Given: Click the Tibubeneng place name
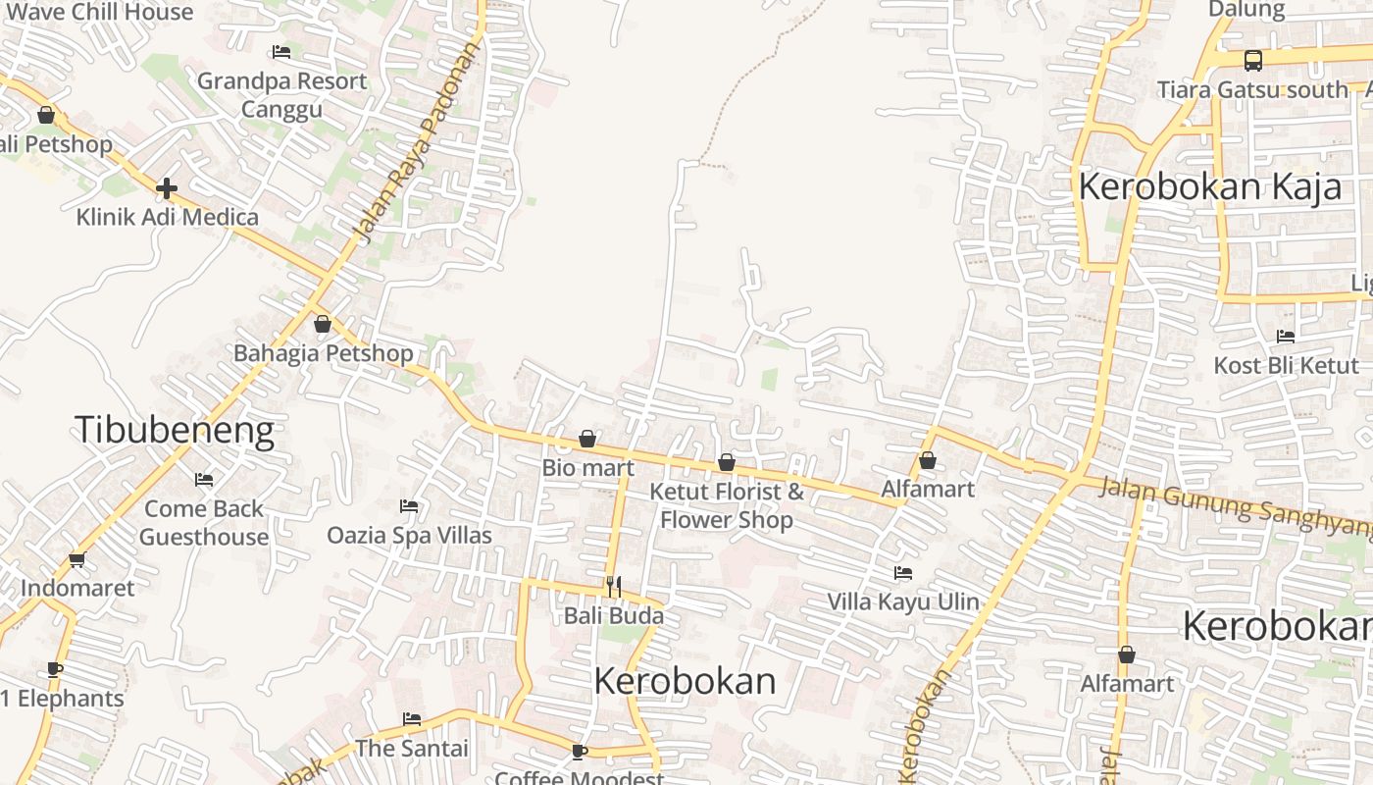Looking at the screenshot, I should (x=174, y=430).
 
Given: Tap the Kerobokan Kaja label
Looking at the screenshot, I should (x=1209, y=186).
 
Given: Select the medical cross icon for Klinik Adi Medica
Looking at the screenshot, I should (x=167, y=187).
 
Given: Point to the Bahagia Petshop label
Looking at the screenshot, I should (x=323, y=352).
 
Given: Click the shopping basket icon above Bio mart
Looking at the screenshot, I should (x=587, y=439).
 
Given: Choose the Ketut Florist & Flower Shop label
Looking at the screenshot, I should (x=726, y=504).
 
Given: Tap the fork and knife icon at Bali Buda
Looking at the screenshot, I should (x=614, y=587).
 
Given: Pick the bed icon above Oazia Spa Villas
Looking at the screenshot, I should (x=409, y=506).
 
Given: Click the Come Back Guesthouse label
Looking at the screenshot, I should (x=204, y=522).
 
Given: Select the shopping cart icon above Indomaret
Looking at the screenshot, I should (x=77, y=560).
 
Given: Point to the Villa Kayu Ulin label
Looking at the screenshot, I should (x=903, y=602).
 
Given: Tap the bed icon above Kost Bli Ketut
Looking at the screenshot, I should (x=1286, y=337).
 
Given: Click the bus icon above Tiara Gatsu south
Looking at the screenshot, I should (x=1253, y=61).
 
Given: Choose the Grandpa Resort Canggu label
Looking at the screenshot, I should (x=282, y=94).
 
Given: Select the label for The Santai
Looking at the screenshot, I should (x=412, y=748).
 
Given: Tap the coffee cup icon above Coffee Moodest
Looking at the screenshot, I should (x=580, y=752).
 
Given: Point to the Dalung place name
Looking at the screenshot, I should (x=1246, y=10).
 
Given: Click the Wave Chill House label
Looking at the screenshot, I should (x=105, y=12).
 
